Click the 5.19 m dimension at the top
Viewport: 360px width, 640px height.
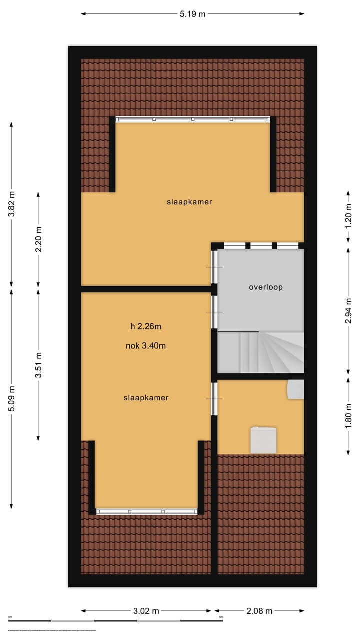click(x=192, y=14)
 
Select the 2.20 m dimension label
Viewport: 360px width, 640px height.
click(x=39, y=240)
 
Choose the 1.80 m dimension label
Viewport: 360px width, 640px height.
click(x=348, y=416)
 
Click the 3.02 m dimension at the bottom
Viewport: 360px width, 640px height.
click(x=146, y=611)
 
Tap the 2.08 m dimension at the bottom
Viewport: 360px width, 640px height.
click(x=259, y=611)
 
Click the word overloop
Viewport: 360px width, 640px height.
click(x=266, y=287)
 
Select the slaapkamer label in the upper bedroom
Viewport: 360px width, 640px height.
click(x=189, y=202)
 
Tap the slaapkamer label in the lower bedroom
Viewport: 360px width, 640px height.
click(x=146, y=398)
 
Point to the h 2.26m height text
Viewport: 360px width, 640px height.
click(x=146, y=327)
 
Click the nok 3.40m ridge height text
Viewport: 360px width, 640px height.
click(x=146, y=345)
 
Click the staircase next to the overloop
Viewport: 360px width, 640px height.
click(x=260, y=352)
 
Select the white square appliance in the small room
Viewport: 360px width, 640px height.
click(x=263, y=440)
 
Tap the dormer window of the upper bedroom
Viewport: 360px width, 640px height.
click(x=193, y=119)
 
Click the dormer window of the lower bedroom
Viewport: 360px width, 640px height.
click(x=146, y=511)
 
